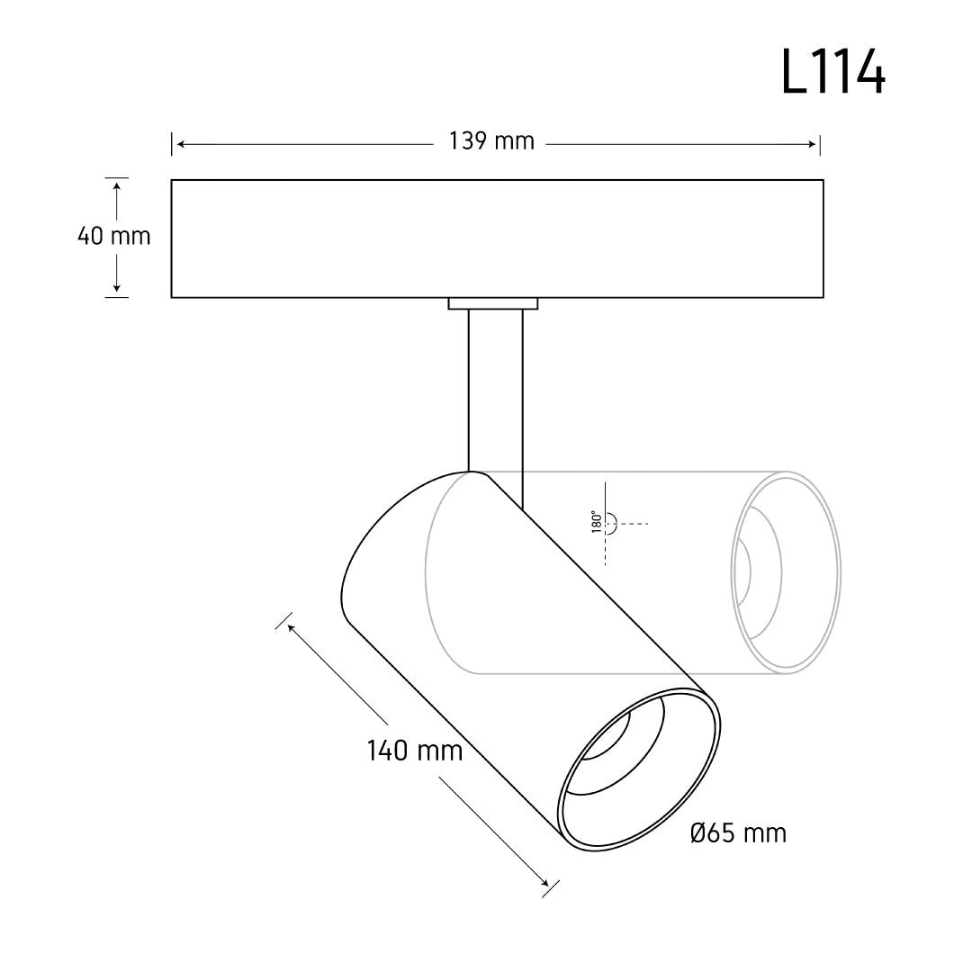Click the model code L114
click(x=833, y=73)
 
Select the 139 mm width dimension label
click(x=491, y=141)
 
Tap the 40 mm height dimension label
click(x=114, y=236)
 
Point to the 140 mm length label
click(x=415, y=751)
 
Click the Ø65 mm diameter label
click(x=738, y=833)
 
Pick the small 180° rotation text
click(x=597, y=522)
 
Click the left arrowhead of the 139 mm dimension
click(x=181, y=144)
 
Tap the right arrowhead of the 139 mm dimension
click(x=812, y=144)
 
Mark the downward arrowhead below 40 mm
click(x=116, y=287)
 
